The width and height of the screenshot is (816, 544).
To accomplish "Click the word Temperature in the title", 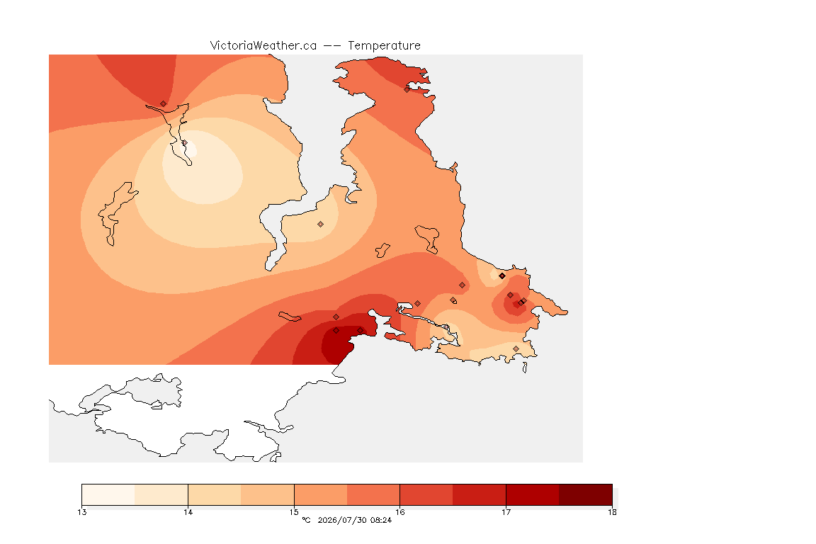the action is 384,46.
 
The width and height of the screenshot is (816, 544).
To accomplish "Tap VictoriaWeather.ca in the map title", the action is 263,46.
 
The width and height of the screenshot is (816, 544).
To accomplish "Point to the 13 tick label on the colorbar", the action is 81,512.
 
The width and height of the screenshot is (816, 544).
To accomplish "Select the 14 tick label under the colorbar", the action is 188,512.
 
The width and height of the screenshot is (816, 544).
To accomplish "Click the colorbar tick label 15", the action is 294,512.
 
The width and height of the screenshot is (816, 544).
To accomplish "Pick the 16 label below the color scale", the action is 399,512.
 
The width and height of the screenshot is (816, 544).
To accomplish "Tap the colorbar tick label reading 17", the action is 506,512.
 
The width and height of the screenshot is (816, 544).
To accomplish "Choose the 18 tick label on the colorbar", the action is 612,512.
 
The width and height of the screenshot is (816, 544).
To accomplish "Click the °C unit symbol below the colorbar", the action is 306,520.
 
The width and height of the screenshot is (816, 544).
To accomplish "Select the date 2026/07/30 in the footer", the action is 341,520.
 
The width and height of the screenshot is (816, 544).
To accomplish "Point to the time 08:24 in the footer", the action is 381,520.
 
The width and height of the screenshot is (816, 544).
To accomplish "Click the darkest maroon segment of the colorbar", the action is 586,494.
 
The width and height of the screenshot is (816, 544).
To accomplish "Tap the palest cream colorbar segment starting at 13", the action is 108,494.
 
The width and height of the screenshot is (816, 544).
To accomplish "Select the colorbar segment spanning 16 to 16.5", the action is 426,494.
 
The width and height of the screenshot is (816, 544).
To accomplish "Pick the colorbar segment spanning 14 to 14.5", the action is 215,494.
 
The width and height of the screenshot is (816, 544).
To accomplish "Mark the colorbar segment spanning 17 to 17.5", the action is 533,494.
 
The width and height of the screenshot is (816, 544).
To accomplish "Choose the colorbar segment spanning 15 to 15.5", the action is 321,494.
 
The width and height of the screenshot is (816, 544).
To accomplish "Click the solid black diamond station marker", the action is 501,276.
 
